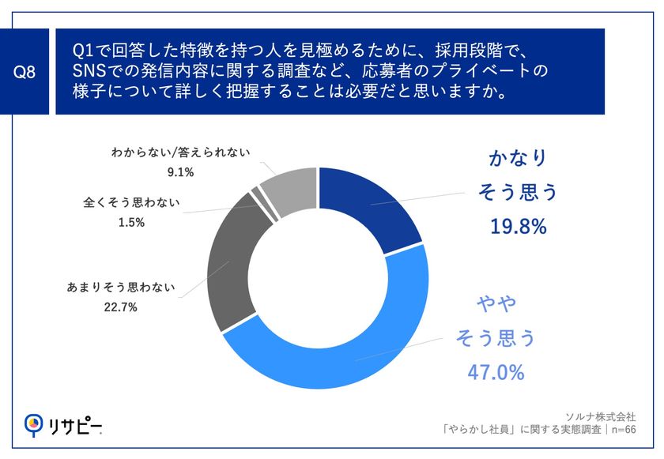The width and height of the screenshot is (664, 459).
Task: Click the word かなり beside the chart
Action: click(x=517, y=158)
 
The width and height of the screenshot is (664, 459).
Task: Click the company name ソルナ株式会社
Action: click(x=601, y=416)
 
